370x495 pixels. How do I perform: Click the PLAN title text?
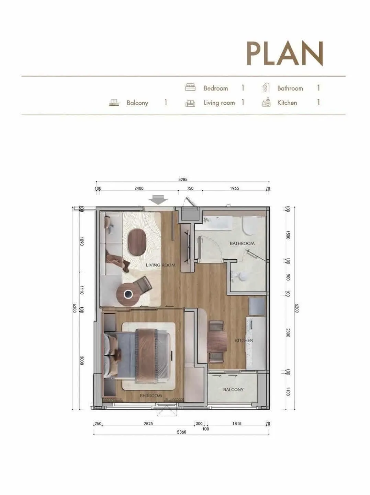click(285, 54)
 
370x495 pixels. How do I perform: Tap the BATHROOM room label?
click(242, 243)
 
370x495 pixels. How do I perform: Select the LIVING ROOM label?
click(160, 265)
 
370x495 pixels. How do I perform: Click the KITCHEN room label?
click(244, 341)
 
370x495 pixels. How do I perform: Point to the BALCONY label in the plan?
click(233, 389)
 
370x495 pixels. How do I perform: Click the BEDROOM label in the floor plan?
click(151, 396)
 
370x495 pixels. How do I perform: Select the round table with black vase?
click(127, 294)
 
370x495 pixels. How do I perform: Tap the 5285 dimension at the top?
click(183, 179)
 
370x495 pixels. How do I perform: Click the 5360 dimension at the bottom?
click(181, 432)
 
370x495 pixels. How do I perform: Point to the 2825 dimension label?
click(148, 424)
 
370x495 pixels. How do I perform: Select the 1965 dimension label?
click(234, 188)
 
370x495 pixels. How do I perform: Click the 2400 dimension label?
click(139, 188)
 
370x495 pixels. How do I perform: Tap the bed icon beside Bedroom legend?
click(190, 87)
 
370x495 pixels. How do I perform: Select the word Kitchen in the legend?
click(287, 103)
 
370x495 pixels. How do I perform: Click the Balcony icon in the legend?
click(114, 103)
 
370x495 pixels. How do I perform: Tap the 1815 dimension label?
click(237, 424)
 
